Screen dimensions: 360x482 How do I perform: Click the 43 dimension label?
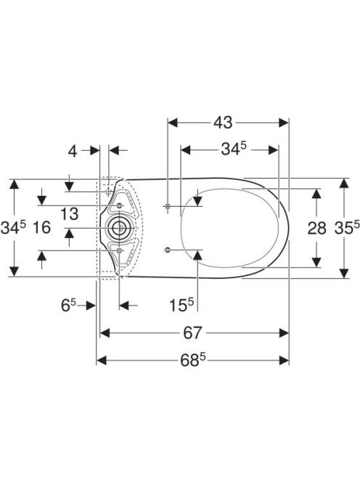pyautogui.click(x=224, y=123)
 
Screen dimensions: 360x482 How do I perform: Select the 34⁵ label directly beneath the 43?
pyautogui.click(x=234, y=149)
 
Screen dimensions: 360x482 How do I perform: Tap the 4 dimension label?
pyautogui.click(x=73, y=151)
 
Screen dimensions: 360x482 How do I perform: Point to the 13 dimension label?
pyautogui.click(x=69, y=214)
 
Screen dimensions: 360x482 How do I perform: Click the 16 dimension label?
pyautogui.click(x=41, y=228)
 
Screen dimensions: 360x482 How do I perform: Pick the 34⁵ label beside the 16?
pyautogui.click(x=13, y=227)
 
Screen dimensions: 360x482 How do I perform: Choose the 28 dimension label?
pyautogui.click(x=317, y=228)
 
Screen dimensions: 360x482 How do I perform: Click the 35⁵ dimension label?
pyautogui.click(x=347, y=227)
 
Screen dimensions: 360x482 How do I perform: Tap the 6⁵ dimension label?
pyautogui.click(x=68, y=306)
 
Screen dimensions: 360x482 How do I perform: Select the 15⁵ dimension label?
pyautogui.click(x=181, y=306)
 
